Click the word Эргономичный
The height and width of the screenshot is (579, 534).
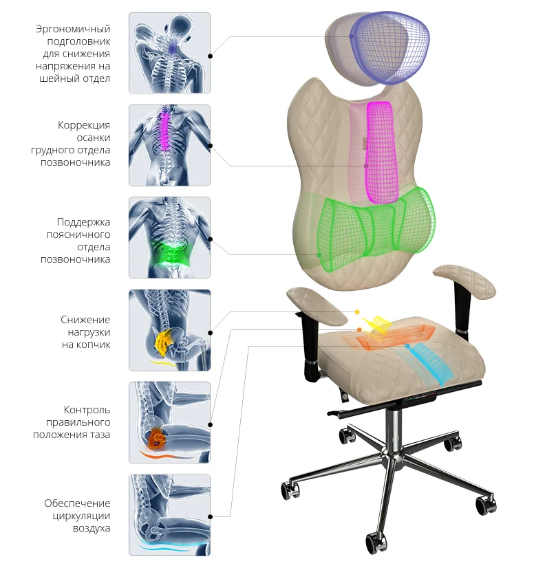73,29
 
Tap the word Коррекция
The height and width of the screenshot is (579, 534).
84,125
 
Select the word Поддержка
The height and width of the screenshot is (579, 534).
83,222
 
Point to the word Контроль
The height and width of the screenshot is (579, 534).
87,410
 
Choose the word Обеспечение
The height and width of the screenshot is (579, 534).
77,503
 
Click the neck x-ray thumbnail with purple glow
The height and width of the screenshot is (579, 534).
169,53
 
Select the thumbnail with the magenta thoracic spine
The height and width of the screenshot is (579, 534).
169,146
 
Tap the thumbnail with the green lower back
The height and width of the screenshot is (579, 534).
169,237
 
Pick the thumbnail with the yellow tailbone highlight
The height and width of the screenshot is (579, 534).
169,330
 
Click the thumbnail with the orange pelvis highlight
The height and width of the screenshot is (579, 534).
169,422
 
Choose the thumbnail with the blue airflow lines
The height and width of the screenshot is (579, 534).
169,515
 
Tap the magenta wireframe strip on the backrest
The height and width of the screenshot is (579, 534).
380,152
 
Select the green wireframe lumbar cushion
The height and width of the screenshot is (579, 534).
375,229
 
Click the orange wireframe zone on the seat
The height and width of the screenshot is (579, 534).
394,337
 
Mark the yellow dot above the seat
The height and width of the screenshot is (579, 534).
357,312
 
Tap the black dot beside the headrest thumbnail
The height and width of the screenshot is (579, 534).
210,56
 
